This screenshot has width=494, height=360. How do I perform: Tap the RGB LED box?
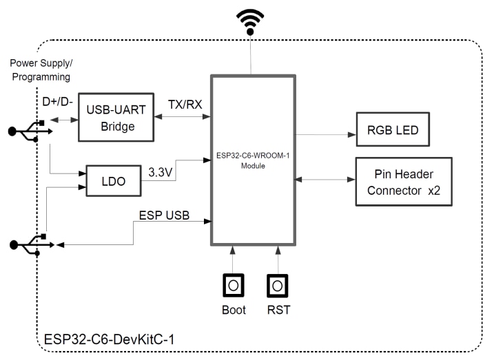point(391,129)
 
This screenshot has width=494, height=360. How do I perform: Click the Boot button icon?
point(234,284)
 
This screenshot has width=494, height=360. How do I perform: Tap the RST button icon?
point(278,284)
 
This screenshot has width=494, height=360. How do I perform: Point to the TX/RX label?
point(184,103)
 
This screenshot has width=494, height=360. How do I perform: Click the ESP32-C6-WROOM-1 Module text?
point(253,160)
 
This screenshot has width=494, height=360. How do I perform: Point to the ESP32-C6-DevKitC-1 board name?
point(101,339)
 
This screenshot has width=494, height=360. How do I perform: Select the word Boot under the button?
point(234,310)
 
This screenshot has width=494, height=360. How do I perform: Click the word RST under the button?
point(278,310)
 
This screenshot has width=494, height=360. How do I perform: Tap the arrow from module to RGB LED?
point(325,134)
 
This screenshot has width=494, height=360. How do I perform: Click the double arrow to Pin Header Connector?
point(325,180)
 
